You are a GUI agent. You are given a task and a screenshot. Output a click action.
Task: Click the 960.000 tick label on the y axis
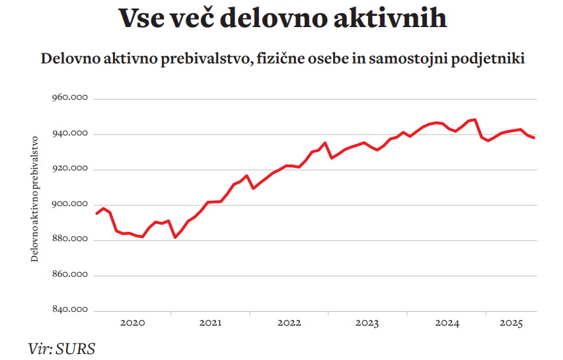pyautogui.click(x=69, y=98)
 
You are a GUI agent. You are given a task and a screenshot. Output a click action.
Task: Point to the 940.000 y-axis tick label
pyautogui.click(x=69, y=134)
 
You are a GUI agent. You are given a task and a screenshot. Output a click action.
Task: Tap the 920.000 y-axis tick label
pyautogui.click(x=69, y=169)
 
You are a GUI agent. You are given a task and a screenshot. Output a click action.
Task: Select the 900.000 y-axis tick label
pyautogui.click(x=69, y=205)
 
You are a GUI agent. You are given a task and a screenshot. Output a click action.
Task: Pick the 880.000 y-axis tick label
pyautogui.click(x=69, y=240)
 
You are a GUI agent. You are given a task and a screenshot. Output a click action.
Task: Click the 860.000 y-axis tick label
pyautogui.click(x=69, y=275)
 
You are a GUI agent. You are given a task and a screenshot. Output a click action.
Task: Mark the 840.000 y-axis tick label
pyautogui.click(x=69, y=310)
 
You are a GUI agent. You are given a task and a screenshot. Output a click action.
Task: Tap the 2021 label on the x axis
pyautogui.click(x=210, y=324)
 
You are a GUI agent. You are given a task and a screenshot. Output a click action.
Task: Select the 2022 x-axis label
pyautogui.click(x=289, y=324)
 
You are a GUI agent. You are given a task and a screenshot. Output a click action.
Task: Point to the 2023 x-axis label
pyautogui.click(x=367, y=324)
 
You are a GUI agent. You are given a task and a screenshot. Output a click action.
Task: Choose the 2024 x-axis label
pyautogui.click(x=447, y=324)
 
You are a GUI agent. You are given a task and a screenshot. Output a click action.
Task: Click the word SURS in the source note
pyautogui.click(x=78, y=348)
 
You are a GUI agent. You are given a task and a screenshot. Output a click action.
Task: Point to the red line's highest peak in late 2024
pyautogui.click(x=475, y=120)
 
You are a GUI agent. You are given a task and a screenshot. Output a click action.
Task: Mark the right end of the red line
pyautogui.click(x=534, y=137)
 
